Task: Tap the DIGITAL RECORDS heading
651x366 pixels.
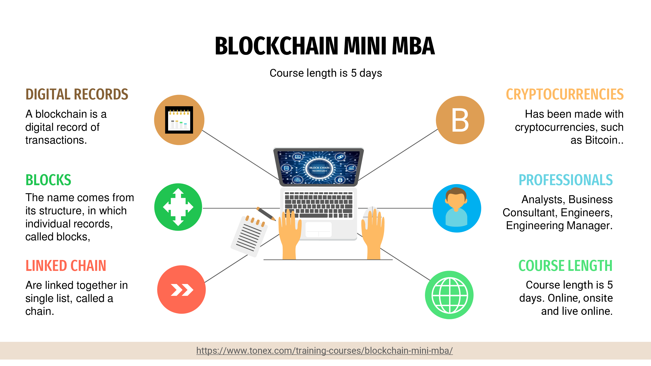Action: (77, 94)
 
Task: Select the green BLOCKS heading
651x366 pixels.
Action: (48, 180)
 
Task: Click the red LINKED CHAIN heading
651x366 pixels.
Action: (66, 266)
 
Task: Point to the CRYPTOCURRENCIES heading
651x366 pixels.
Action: (565, 94)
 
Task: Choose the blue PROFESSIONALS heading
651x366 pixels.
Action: (566, 180)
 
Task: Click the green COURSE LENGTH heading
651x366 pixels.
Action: (565, 266)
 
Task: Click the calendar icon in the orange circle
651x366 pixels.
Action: (179, 120)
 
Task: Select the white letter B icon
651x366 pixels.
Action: (460, 120)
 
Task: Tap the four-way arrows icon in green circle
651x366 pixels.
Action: (178, 207)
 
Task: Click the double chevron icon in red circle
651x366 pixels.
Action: (182, 290)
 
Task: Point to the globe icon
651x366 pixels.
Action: (449, 295)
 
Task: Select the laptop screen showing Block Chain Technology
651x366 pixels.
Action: (319, 167)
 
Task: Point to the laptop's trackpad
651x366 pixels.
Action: (319, 230)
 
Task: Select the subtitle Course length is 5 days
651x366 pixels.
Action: (325, 73)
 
